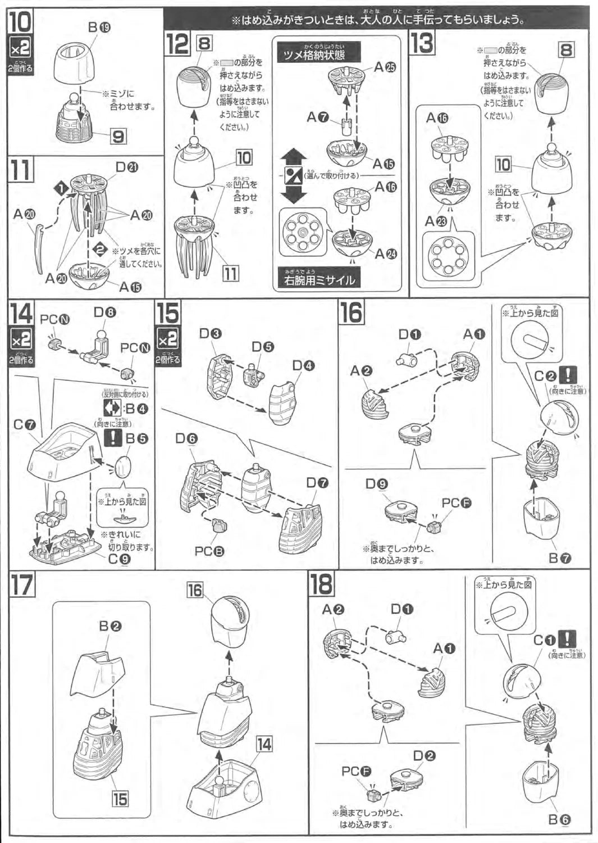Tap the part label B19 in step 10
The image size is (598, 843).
(99, 26)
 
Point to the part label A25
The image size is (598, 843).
(385, 67)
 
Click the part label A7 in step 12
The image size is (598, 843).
(317, 117)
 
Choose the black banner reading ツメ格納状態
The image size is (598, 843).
(314, 54)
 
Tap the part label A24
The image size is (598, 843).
(385, 253)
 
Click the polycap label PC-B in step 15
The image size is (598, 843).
(209, 551)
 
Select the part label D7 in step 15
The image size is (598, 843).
(317, 482)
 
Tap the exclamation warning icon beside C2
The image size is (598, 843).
(569, 374)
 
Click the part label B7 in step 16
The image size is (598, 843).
(559, 558)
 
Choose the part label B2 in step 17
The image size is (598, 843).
(110, 626)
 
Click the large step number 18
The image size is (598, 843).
(322, 584)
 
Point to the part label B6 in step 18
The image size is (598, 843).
(559, 819)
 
